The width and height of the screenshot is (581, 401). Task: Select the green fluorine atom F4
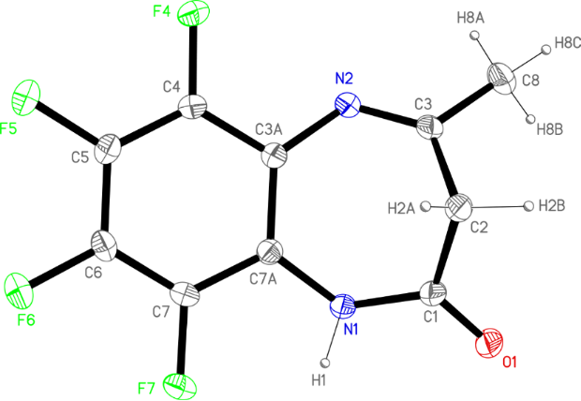click(x=194, y=16)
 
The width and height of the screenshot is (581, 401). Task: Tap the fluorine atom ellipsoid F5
click(x=27, y=96)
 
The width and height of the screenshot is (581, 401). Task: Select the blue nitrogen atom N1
click(x=344, y=304)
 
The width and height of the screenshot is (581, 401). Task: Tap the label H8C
click(x=568, y=42)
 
